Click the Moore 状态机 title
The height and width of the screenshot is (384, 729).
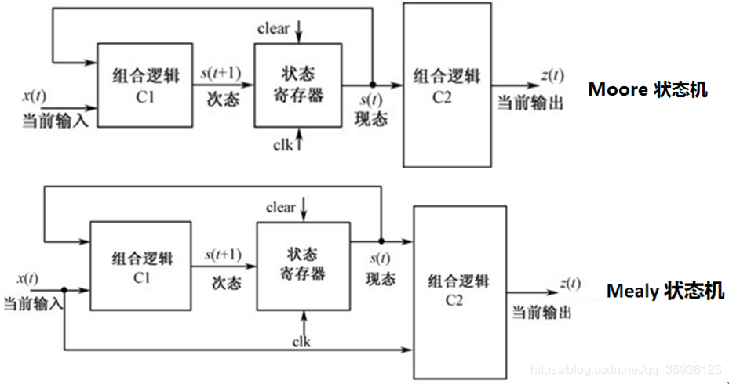647,89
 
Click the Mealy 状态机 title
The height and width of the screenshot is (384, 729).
665,292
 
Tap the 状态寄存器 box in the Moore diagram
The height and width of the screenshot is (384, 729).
297,85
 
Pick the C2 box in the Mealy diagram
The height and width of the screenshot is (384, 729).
457,292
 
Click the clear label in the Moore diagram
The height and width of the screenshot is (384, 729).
273,29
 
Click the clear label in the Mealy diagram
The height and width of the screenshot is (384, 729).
281,208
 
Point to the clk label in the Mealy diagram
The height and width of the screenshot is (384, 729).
301,342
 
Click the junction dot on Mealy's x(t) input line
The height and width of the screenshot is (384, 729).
64,289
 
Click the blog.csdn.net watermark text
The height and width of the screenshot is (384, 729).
625,369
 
